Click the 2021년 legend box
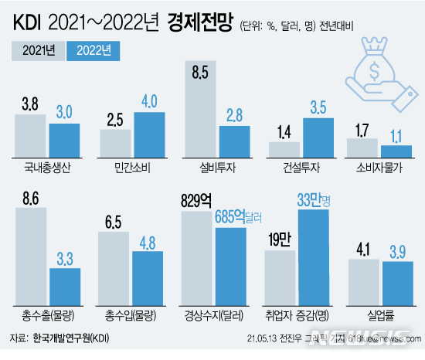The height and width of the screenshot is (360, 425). click(39, 52)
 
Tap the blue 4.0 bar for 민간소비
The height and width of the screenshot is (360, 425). click(149, 135)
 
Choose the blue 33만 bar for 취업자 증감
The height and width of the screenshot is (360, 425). click(314, 259)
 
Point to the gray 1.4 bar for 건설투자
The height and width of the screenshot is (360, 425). click(283, 149)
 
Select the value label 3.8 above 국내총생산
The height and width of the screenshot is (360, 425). click(30, 103)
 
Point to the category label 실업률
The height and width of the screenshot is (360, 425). click(379, 316)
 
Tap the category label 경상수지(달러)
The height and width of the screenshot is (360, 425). click(213, 316)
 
